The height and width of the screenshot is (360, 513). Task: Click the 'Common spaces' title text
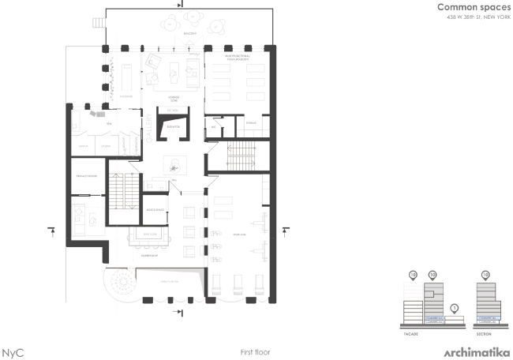tap(468, 7)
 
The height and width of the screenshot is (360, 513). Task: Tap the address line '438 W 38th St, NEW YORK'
tap(468, 17)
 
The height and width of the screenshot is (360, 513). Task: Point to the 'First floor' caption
tap(255, 351)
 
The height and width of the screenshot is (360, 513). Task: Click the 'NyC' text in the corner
tap(13, 352)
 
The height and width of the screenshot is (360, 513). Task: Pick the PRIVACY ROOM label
tap(85, 175)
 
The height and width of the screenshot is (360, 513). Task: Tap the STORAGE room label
tap(252, 123)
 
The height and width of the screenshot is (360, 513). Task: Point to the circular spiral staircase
tap(123, 281)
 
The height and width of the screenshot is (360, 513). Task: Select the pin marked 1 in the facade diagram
tap(455, 308)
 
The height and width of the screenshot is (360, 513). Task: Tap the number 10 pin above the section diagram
tap(485, 275)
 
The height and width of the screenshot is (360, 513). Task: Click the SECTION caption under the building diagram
tap(485, 333)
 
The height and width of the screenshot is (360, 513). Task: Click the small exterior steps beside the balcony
tap(99, 22)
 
